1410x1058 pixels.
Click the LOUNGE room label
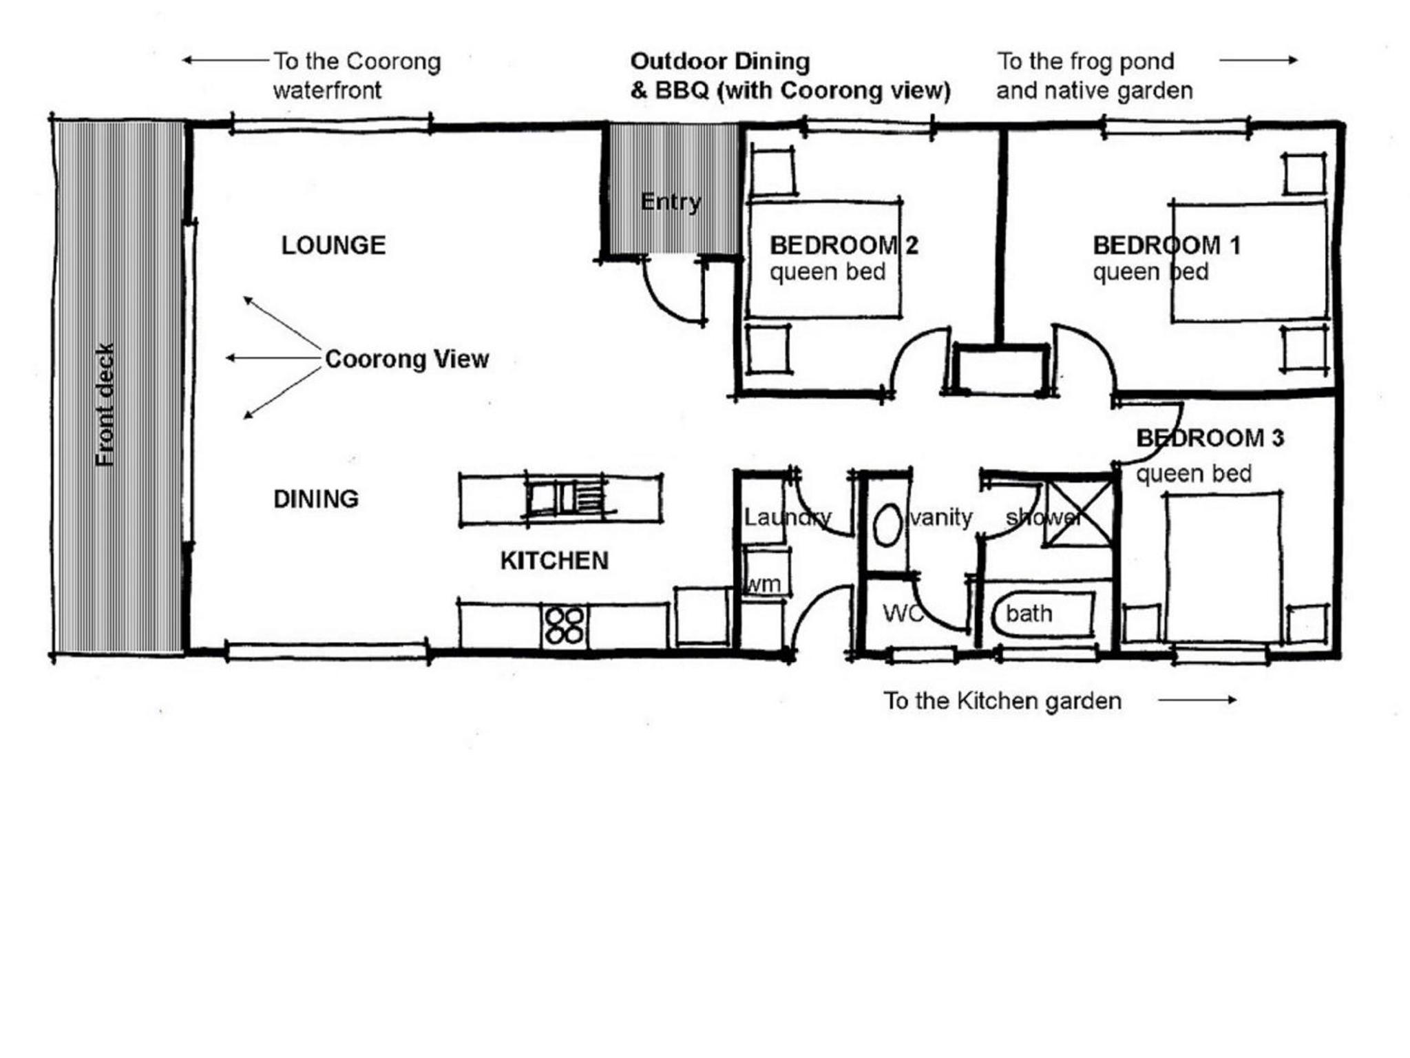click(333, 245)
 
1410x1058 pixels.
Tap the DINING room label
click(316, 499)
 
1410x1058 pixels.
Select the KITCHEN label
click(554, 561)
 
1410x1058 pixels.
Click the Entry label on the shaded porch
click(671, 202)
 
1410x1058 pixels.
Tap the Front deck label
click(105, 405)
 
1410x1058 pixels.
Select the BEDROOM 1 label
click(1166, 245)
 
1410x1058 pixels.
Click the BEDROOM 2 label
click(843, 245)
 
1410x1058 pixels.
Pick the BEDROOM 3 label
click(1210, 438)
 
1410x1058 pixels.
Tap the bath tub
click(1042, 613)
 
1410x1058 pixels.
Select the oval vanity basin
click(887, 525)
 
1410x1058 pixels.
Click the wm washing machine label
click(764, 584)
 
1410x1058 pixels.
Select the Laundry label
click(788, 517)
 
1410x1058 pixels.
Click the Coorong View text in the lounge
click(407, 359)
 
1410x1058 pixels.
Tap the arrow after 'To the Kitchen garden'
click(1197, 700)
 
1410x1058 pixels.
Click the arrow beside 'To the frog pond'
click(1259, 60)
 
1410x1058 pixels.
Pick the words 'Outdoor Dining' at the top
click(720, 61)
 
